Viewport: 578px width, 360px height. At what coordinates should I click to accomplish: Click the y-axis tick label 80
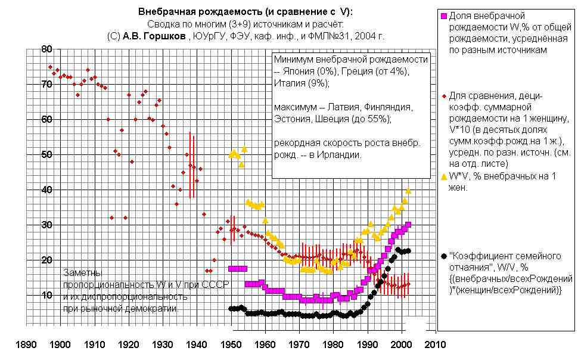(46, 49)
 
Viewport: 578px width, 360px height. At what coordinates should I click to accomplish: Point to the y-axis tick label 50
(46, 154)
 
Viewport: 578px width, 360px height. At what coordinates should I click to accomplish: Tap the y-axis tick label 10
(46, 295)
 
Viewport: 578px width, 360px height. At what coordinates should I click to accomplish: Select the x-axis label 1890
(25, 345)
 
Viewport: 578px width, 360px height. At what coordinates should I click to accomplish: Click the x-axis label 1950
(230, 345)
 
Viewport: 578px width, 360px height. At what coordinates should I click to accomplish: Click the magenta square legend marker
(443, 15)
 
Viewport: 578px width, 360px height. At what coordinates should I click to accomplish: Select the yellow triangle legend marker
(443, 176)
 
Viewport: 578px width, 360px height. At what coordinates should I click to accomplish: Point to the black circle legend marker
(443, 256)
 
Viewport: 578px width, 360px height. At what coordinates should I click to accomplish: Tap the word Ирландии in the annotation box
(340, 154)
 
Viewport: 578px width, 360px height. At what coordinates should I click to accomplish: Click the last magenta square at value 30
(408, 225)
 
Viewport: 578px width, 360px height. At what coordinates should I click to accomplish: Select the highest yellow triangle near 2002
(409, 191)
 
